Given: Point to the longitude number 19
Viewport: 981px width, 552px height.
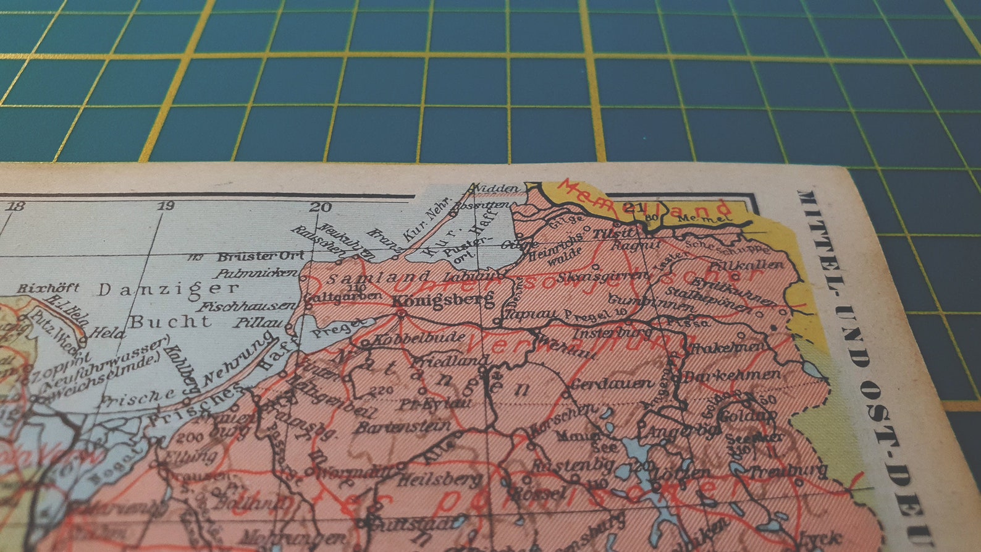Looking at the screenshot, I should click(166, 205).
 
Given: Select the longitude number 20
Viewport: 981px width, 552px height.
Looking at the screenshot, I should click(321, 207).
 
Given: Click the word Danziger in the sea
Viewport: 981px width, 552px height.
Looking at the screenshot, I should click(169, 289).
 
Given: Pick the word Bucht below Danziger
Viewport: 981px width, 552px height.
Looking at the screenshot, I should click(170, 321).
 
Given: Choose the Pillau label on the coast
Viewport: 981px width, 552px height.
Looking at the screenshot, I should click(258, 323).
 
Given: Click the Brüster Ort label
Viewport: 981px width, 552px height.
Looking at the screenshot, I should click(261, 256).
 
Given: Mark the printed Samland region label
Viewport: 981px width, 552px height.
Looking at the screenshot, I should click(379, 278).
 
